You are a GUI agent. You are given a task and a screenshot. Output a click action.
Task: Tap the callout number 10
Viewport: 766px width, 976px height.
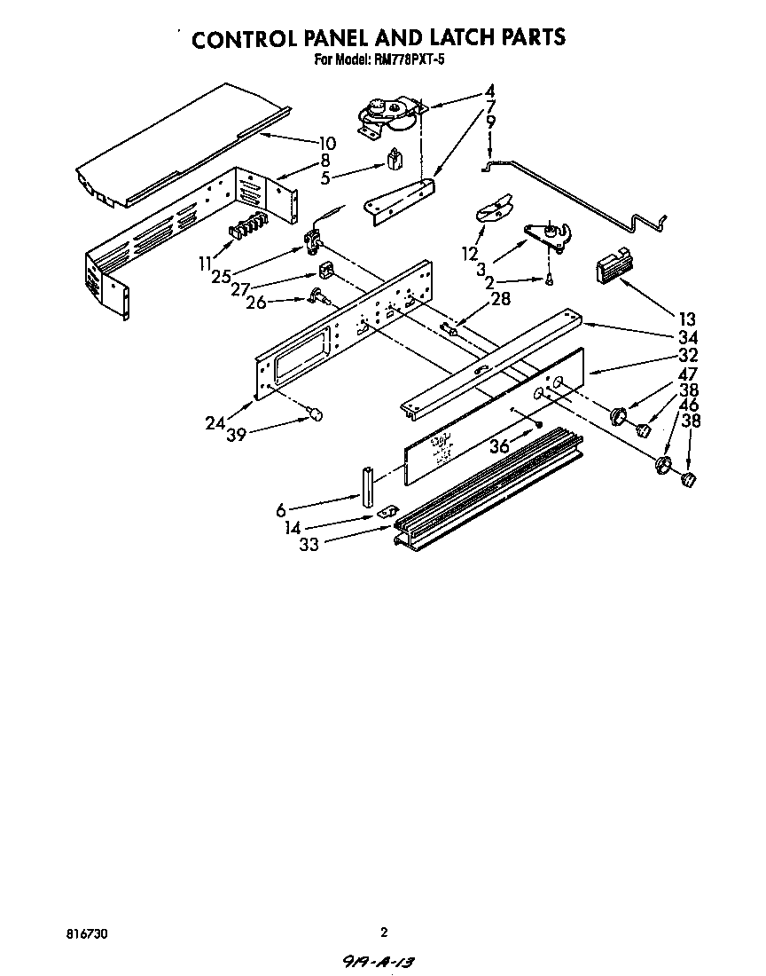(327, 142)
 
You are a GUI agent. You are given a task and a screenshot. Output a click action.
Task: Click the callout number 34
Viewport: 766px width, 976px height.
(687, 337)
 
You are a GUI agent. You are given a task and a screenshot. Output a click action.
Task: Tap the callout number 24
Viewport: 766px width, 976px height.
(215, 423)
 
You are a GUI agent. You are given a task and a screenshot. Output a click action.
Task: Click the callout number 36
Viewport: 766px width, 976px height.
(500, 446)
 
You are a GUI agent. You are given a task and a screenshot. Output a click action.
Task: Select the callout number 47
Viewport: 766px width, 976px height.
(687, 374)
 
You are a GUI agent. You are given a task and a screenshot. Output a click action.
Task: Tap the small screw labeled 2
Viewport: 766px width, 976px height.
(550, 280)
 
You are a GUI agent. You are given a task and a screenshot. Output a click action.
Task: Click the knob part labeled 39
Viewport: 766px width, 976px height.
(316, 413)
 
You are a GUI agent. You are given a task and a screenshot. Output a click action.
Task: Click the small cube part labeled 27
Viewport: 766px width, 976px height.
(325, 271)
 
